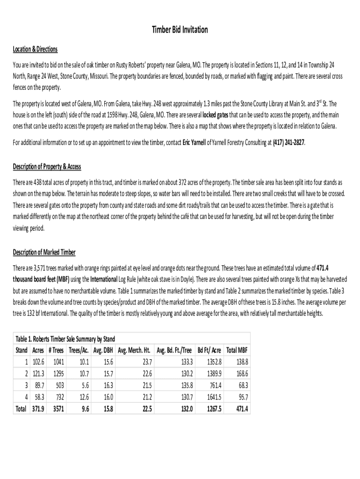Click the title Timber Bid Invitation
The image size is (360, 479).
180,30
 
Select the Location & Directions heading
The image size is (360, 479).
35,49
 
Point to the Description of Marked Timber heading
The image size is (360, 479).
44,253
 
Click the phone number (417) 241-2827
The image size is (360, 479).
289,142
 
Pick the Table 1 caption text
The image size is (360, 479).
65,339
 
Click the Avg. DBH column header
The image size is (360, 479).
103,350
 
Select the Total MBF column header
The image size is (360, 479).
237,350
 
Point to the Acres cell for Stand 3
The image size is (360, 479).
38,385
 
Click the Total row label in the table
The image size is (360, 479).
21,408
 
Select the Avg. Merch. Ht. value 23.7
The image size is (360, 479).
146,362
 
